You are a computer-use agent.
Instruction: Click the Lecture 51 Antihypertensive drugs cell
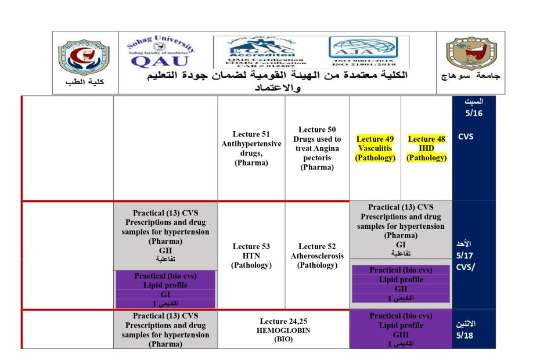251,149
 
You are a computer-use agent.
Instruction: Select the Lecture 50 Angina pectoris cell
317,149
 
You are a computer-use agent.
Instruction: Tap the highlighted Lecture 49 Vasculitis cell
375,149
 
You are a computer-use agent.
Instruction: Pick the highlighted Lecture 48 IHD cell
426,149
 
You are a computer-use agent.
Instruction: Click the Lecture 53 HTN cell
251,256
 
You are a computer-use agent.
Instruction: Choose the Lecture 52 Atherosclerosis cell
317,256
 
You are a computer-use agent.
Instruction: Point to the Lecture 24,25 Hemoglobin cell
285,330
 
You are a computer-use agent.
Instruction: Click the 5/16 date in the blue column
474,113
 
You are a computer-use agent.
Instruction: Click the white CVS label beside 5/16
466,138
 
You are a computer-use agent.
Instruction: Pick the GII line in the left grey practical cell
165,250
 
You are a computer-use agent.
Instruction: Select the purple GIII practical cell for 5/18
401,330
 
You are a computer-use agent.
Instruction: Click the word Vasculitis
375,149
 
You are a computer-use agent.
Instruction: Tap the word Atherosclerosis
317,256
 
